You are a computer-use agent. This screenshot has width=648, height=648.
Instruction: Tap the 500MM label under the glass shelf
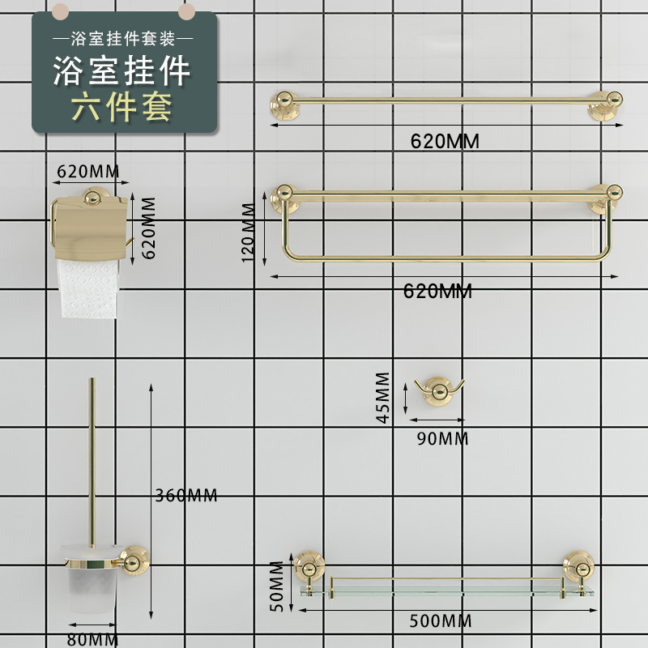click(x=440, y=621)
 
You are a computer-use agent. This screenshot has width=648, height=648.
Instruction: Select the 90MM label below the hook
click(x=441, y=439)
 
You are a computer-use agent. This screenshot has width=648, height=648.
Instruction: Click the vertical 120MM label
click(x=249, y=232)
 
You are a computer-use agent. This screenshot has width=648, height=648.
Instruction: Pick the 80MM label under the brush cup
click(x=93, y=640)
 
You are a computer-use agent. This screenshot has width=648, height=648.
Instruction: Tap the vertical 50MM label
click(x=278, y=586)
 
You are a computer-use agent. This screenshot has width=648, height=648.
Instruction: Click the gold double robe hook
click(x=437, y=390)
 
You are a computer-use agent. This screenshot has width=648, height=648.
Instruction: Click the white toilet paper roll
click(x=90, y=288)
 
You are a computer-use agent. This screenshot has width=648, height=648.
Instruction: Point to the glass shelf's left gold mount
click(x=307, y=565)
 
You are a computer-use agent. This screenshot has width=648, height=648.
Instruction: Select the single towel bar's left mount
click(x=283, y=106)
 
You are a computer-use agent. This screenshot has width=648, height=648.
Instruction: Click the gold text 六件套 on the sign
click(x=124, y=108)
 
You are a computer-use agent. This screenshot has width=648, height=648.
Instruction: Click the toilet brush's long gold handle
click(x=92, y=462)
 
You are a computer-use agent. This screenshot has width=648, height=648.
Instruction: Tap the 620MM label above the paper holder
click(x=88, y=171)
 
